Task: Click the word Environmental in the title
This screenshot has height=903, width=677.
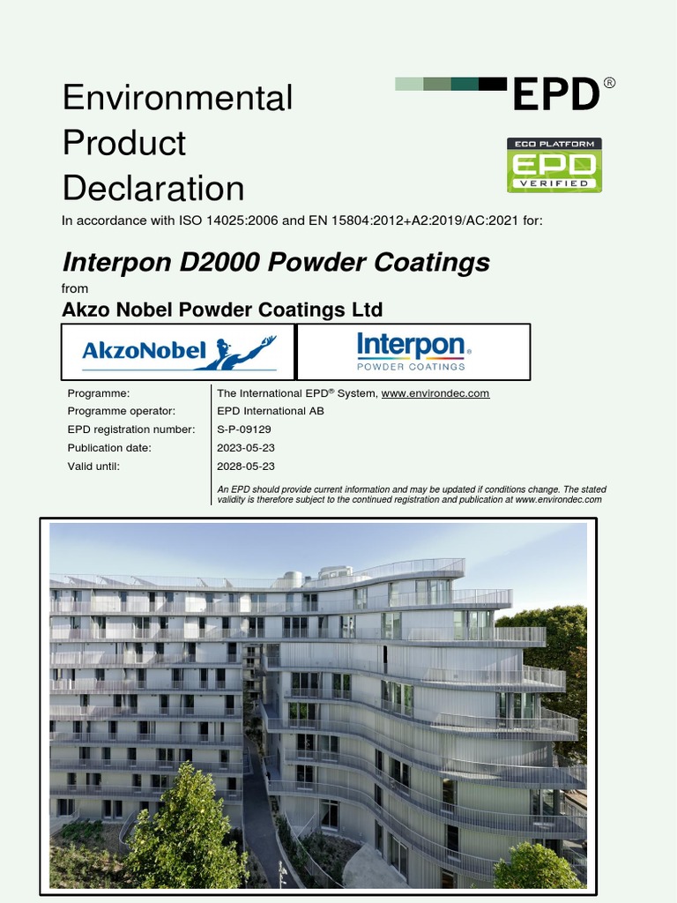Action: point(177,97)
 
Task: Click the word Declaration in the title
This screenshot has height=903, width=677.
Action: point(153,188)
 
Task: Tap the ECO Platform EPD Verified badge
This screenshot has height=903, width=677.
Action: point(554,165)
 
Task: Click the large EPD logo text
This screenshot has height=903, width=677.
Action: point(556,94)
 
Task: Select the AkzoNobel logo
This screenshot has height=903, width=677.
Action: point(179,351)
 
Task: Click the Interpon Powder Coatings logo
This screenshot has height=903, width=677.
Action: point(413,351)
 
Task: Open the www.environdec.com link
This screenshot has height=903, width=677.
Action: point(435,393)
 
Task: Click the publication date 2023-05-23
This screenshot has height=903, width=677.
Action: point(246,448)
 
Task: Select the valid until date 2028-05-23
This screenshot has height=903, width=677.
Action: point(246,466)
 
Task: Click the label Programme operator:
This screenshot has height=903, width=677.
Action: point(122,411)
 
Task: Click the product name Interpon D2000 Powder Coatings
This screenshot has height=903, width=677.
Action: point(276,262)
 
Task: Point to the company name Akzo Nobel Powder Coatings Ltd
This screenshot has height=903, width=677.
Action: point(222,310)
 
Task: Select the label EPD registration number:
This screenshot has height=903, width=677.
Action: point(131,429)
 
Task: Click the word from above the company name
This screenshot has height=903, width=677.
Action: point(75,288)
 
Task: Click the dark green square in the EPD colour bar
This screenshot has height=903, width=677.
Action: point(465,84)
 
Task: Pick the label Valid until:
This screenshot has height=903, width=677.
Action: point(93,466)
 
